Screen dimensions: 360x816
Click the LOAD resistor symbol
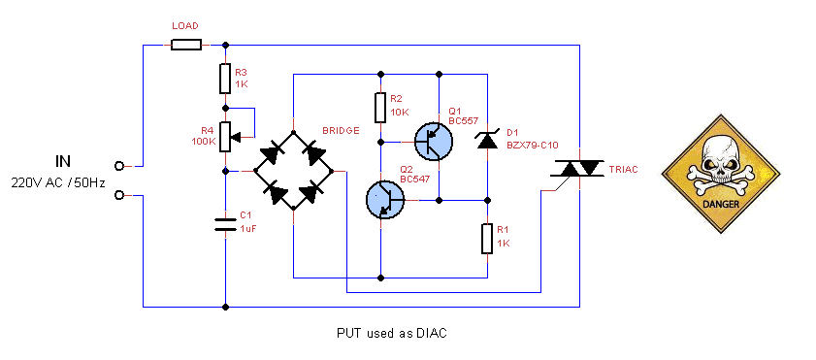pos(185,45)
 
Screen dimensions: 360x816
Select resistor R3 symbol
pos(225,78)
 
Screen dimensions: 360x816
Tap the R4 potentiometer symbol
pos(225,137)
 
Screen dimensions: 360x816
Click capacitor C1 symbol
pos(225,225)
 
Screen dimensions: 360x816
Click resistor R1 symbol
pos(486,238)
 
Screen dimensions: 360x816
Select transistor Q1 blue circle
pos(433,141)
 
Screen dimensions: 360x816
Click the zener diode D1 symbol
pos(486,140)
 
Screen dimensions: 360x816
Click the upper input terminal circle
pos(119,165)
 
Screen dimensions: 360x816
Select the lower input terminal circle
pos(119,195)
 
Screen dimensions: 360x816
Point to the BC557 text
pos(463,120)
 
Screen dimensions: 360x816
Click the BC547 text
pos(415,179)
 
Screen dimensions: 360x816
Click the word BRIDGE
pos(342,130)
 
